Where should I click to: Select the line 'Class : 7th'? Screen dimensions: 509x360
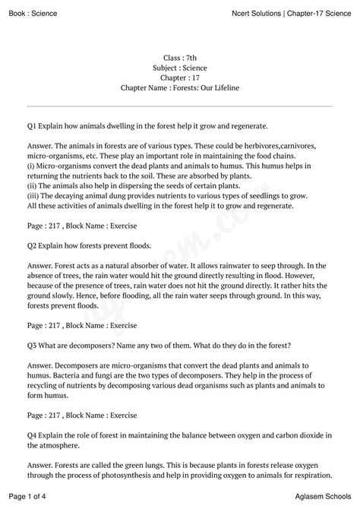pyautogui.click(x=179, y=58)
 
